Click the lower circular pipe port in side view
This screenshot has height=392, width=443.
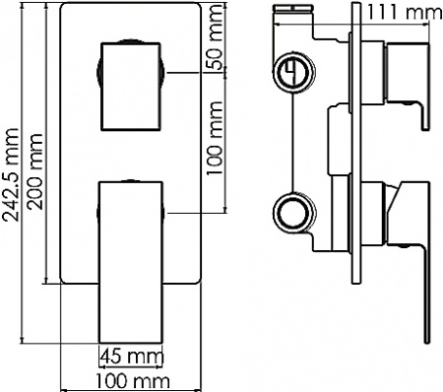pos(291,211)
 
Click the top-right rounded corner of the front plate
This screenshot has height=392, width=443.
pos(200,11)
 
